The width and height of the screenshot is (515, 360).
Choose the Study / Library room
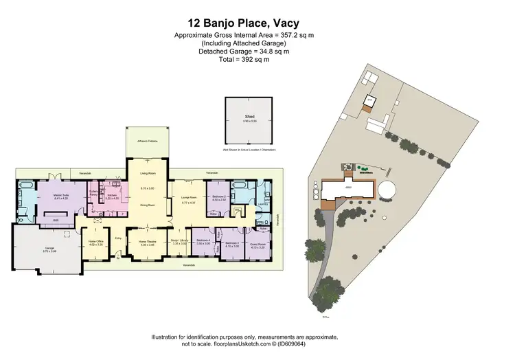pos(179,242)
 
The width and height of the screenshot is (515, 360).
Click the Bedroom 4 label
pos(203,242)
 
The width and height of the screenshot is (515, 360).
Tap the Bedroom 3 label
pos(231,243)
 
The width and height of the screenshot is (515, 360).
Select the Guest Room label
pos(257,243)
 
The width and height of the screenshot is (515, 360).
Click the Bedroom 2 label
pos(218,197)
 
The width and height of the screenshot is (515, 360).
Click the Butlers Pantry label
pos(93,194)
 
